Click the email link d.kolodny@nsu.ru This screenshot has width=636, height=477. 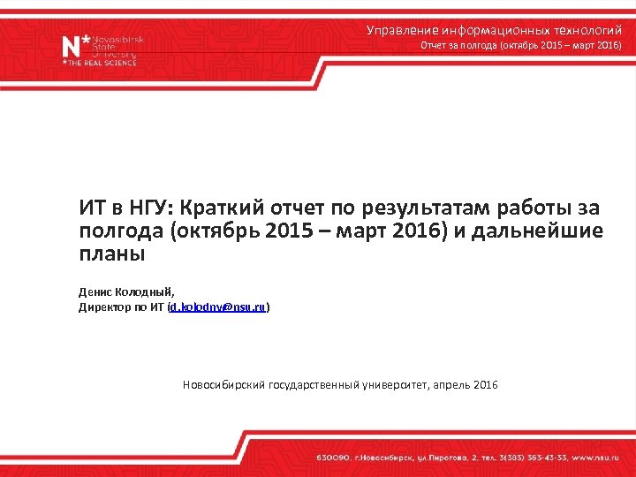(218, 307)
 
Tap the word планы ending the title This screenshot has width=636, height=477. (111, 254)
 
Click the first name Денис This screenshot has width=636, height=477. (95, 291)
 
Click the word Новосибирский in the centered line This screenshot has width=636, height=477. (225, 385)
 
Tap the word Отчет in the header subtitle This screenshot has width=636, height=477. (434, 45)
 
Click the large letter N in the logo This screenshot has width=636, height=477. (71, 45)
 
